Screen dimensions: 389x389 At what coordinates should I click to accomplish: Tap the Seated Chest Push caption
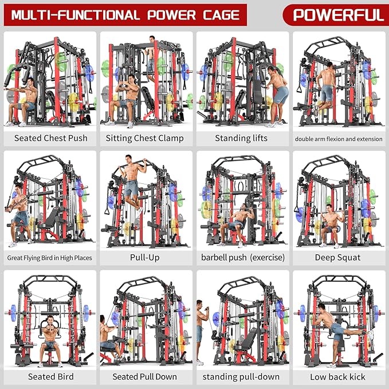click(x=50, y=138)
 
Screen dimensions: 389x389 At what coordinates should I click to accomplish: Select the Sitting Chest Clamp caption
click(x=145, y=138)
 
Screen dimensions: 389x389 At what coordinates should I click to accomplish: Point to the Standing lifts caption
click(x=241, y=138)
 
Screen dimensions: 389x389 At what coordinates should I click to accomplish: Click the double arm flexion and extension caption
click(x=338, y=139)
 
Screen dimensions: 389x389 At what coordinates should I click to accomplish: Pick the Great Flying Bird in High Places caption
click(x=50, y=258)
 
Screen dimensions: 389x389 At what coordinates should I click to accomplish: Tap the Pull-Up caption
click(x=146, y=257)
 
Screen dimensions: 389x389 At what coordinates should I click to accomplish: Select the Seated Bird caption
click(x=50, y=376)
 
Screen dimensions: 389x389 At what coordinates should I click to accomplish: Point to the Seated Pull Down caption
click(x=145, y=376)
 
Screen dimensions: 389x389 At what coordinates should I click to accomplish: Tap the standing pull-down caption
click(x=241, y=376)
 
